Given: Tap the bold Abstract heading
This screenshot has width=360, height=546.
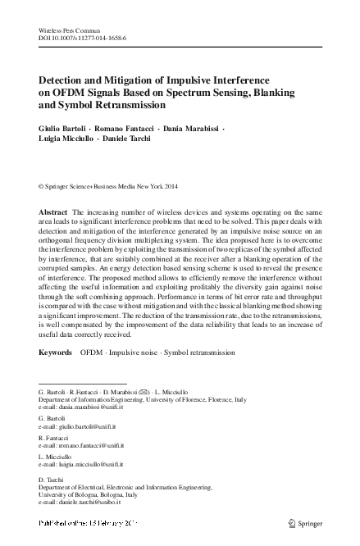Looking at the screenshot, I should click(x=53, y=212).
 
